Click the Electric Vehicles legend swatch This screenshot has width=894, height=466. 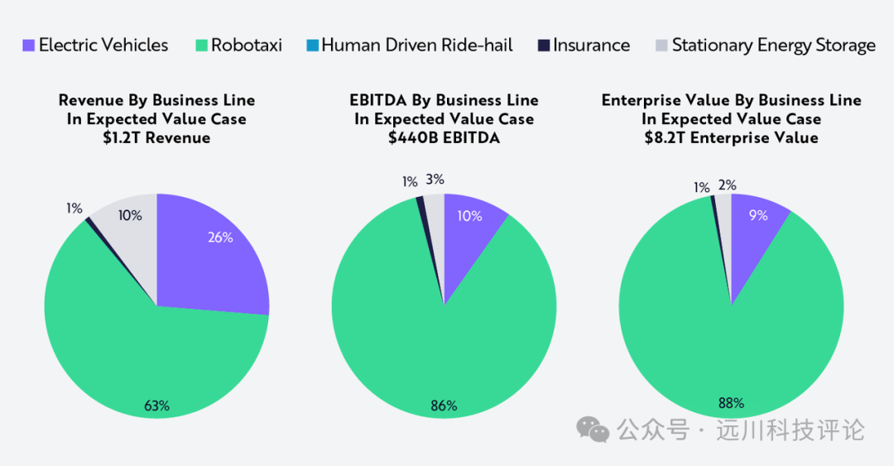tap(28, 46)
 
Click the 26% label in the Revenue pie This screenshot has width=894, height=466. tap(220, 238)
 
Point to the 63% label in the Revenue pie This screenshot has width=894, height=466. tap(156, 406)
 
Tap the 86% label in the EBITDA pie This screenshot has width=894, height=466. tap(444, 406)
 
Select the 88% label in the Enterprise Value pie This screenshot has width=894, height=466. tap(731, 404)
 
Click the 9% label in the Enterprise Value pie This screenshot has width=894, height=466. tap(758, 215)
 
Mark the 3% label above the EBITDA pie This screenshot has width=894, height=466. tap(435, 179)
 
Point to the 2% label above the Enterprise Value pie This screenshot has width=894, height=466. tap(727, 185)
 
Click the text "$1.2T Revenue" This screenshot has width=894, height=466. tap(156, 137)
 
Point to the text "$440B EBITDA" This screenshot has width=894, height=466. tap(444, 137)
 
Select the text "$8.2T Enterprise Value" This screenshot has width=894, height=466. tap(731, 137)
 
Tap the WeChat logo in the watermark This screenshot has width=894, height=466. tap(593, 429)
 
